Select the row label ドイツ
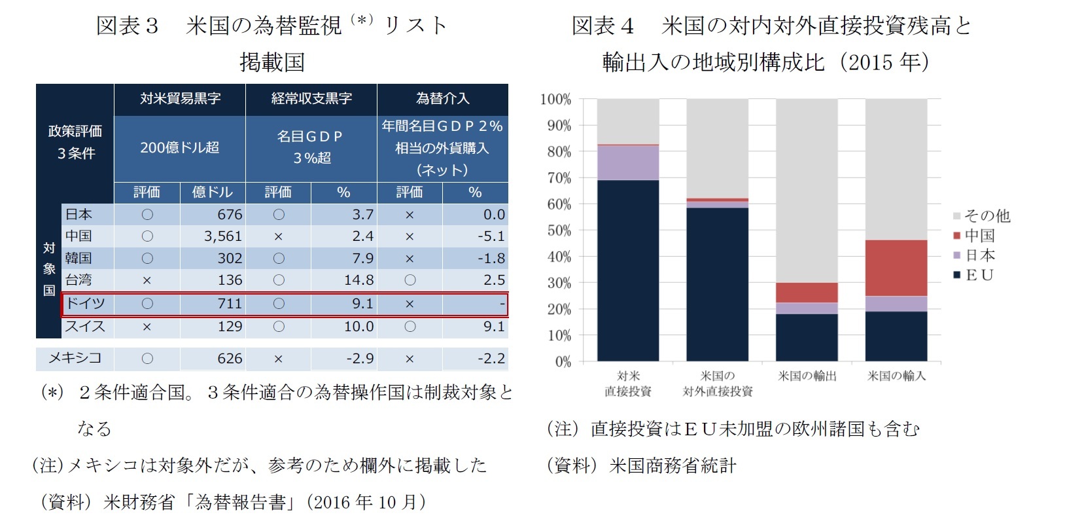pos(85,304)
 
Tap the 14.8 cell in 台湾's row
pos(359,280)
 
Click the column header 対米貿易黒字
pos(180,99)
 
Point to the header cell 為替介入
pos(442,99)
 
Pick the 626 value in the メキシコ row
pos(230,359)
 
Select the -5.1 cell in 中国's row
pos(491,236)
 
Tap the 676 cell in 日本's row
pos(230,215)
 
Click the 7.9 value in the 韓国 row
pos(362,259)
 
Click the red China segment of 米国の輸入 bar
pos(896,268)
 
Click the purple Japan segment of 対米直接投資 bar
pos(627,162)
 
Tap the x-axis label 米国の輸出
pos(807,376)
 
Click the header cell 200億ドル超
pos(180,148)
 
